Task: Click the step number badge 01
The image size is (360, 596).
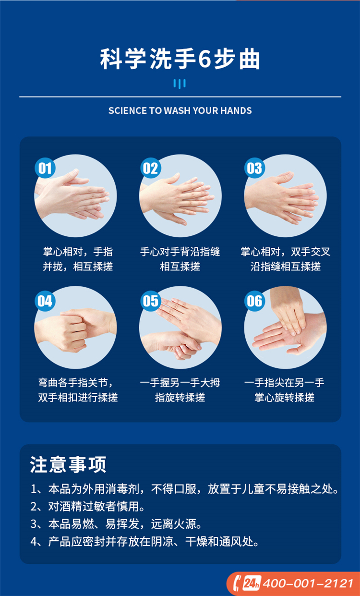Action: click(x=45, y=168)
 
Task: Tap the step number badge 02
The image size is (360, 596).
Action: click(x=151, y=168)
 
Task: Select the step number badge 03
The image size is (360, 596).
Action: click(x=254, y=168)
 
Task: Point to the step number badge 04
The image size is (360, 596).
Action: click(x=45, y=301)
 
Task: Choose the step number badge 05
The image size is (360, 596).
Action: click(x=151, y=301)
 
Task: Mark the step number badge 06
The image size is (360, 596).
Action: click(x=254, y=301)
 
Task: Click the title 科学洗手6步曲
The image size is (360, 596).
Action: click(x=180, y=59)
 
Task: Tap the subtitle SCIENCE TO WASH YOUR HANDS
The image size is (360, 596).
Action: click(x=180, y=110)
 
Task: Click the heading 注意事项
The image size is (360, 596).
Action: click(x=68, y=465)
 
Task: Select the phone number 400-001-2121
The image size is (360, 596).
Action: click(x=308, y=583)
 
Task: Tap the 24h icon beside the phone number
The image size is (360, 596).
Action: click(x=252, y=583)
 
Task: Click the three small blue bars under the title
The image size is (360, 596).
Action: click(x=180, y=84)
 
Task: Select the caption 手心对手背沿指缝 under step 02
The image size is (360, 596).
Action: click(x=180, y=252)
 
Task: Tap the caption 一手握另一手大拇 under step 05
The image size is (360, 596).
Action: click(x=180, y=383)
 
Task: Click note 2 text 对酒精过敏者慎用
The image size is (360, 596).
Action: click(x=96, y=506)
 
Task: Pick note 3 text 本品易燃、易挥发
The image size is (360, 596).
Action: click(x=94, y=524)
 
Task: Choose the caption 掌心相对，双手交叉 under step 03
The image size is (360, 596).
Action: click(x=286, y=252)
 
